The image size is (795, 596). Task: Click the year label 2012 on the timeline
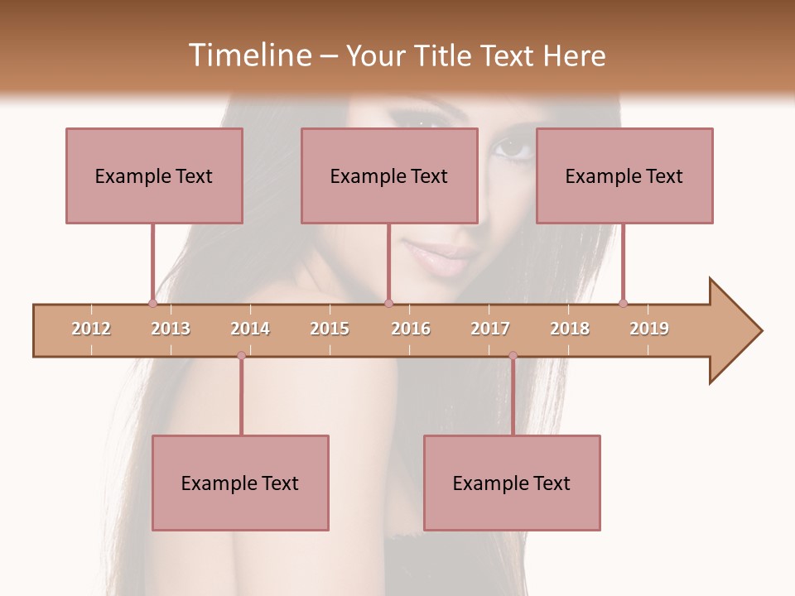(91, 329)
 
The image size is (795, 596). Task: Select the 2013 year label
(171, 329)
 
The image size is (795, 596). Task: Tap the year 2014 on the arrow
(250, 329)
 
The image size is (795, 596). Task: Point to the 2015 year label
(330, 329)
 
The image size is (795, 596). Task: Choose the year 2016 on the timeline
(411, 329)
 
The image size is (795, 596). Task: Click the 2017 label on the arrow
(490, 329)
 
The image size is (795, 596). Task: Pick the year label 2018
(570, 329)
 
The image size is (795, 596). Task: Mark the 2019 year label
(649, 329)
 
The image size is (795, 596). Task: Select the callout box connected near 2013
(154, 175)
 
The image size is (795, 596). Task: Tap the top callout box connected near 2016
(389, 175)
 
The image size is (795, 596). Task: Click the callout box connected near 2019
(624, 175)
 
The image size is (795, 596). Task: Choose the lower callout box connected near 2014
(240, 483)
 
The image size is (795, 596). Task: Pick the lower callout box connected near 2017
(512, 483)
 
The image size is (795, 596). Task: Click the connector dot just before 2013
(152, 303)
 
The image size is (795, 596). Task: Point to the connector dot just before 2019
(623, 303)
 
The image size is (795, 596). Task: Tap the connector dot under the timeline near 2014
(241, 356)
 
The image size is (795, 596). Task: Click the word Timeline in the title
(248, 55)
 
